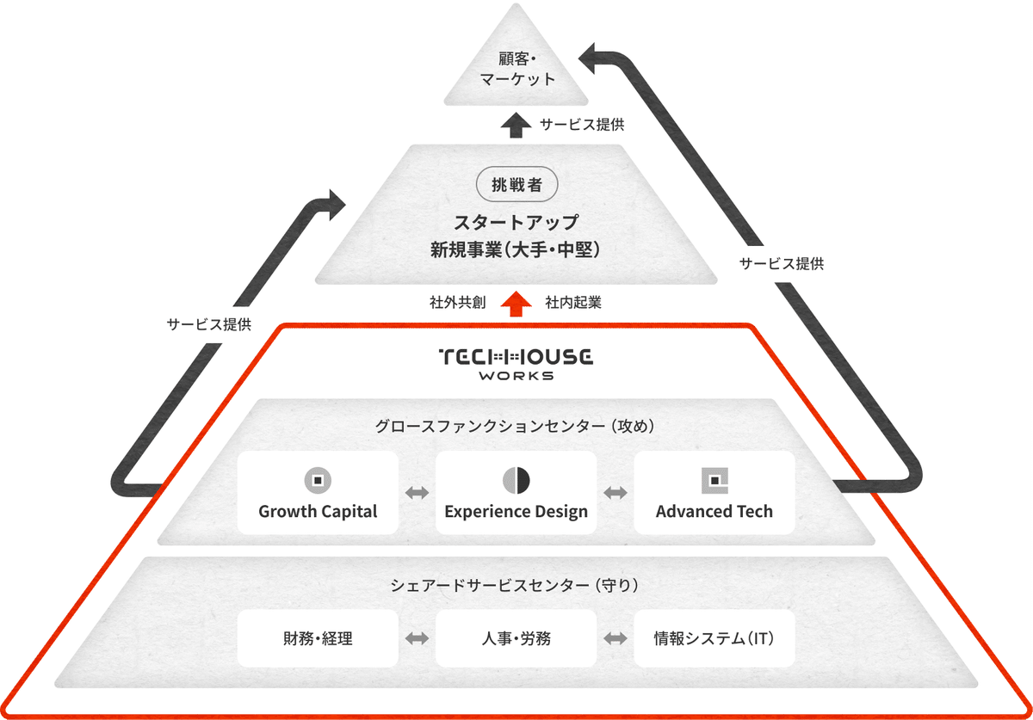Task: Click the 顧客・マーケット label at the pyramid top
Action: pyautogui.click(x=516, y=69)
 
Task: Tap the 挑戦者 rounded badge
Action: pyautogui.click(x=516, y=184)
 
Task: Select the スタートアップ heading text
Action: pyautogui.click(x=516, y=221)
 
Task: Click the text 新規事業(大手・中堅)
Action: pyautogui.click(x=516, y=250)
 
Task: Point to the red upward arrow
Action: pyautogui.click(x=516, y=303)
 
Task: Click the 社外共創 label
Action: pyautogui.click(x=458, y=303)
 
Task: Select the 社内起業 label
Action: pyautogui.click(x=573, y=303)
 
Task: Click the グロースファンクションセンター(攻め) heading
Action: pyautogui.click(x=516, y=426)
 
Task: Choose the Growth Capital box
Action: pyautogui.click(x=318, y=493)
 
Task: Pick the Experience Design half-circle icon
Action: pyautogui.click(x=516, y=480)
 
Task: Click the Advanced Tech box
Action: pyautogui.click(x=714, y=493)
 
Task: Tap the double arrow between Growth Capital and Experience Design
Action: pyautogui.click(x=418, y=493)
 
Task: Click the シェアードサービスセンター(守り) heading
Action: pyautogui.click(x=516, y=585)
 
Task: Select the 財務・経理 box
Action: pyautogui.click(x=318, y=638)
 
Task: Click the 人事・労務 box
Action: pyautogui.click(x=516, y=638)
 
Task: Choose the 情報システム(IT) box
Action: pyautogui.click(x=714, y=638)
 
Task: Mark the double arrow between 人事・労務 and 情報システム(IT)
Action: pyautogui.click(x=615, y=638)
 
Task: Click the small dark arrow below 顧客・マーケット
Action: pyautogui.click(x=516, y=125)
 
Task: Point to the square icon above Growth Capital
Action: pyautogui.click(x=318, y=480)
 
